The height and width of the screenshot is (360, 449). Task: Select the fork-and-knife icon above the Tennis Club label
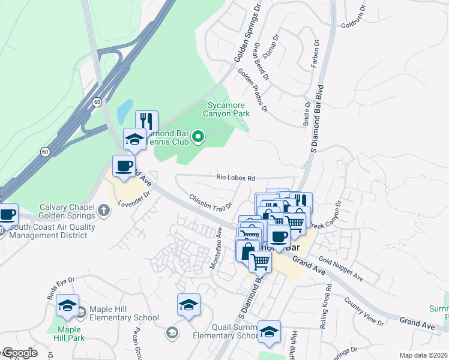(x=146, y=121)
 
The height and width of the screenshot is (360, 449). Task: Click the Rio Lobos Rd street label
(x=236, y=178)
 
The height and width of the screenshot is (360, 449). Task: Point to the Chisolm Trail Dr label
(x=210, y=201)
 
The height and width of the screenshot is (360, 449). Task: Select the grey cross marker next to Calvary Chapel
(x=105, y=210)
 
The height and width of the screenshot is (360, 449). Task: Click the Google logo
(x=19, y=353)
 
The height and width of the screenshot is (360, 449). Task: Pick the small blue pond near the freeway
(x=124, y=110)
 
